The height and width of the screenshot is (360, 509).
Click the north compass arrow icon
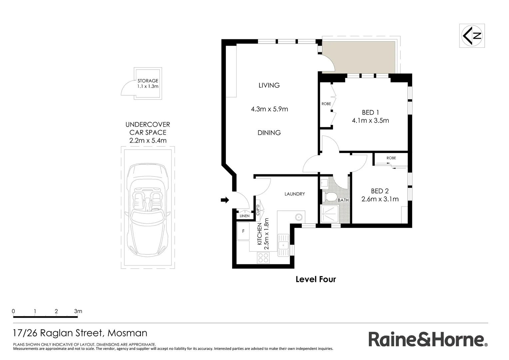472,36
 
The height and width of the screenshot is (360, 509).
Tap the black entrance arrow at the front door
225,200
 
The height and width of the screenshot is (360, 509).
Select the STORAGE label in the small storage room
148,81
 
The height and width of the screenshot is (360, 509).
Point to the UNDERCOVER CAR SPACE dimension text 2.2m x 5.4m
148,141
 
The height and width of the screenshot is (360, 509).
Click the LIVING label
269,85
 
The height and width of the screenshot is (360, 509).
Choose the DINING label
269,133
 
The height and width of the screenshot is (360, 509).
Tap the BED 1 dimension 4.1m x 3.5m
370,121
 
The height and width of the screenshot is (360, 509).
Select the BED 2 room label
380,191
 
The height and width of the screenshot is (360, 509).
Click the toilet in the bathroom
330,197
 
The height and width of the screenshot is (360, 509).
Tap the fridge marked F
243,231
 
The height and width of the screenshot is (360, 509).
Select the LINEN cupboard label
245,216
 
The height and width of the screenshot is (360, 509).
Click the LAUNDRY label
294,194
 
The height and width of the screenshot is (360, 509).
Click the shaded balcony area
358,57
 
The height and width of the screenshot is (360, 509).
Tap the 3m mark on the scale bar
78,311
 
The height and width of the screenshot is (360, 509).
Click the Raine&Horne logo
428,340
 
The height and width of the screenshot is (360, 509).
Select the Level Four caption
315,279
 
